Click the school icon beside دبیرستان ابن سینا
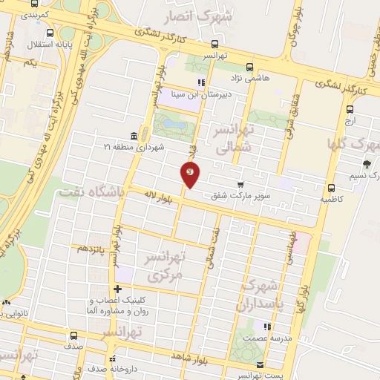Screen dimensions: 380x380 coord(200,82)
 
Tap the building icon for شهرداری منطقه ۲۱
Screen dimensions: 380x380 coord(133,135)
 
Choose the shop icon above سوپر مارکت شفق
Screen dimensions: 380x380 coord(240,185)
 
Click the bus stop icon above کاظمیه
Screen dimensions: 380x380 coord(331,188)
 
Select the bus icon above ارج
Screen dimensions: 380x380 coord(350,108)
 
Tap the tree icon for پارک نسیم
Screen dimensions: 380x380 coord(367,164)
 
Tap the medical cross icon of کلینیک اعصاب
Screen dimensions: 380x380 coord(117,289)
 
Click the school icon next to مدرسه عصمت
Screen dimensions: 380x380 coord(266,326)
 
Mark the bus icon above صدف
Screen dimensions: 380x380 coord(73,335)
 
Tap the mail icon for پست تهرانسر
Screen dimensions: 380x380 coord(260,364)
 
